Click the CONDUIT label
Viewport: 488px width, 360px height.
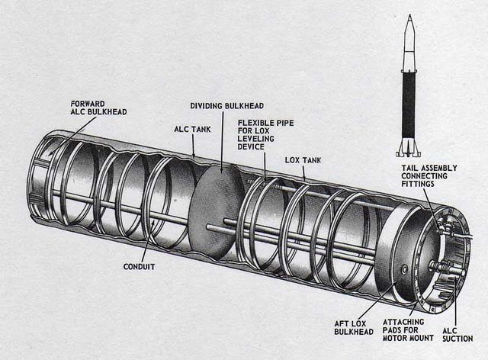pyautogui.click(x=141, y=267)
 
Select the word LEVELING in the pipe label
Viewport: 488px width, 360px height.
pyautogui.click(x=264, y=140)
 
